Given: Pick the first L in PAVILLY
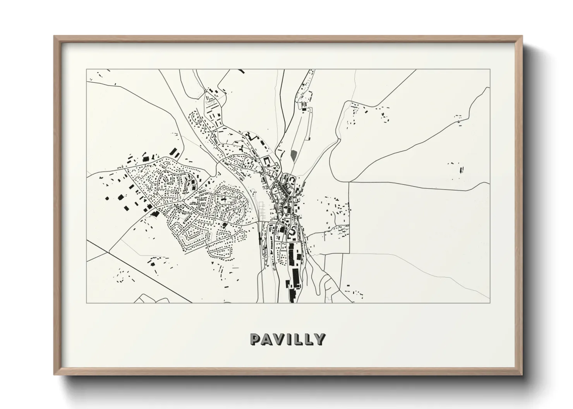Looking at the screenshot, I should (x=300, y=339).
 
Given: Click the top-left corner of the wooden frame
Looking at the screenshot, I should (x=54, y=36).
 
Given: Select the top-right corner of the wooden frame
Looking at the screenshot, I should (x=522, y=36).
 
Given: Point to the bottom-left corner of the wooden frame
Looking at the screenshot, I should (x=54, y=374).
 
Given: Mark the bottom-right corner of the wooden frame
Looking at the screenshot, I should (x=522, y=374).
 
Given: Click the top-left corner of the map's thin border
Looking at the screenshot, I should (x=87, y=70).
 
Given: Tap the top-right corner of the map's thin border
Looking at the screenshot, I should (x=490, y=70).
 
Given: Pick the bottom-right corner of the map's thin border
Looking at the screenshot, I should (x=490, y=303).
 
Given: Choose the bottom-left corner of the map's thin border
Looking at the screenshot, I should (x=87, y=303).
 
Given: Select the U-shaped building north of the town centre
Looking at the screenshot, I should (x=266, y=161).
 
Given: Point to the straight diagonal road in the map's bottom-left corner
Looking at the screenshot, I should (x=139, y=271).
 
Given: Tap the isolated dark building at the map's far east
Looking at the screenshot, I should (x=461, y=169).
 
